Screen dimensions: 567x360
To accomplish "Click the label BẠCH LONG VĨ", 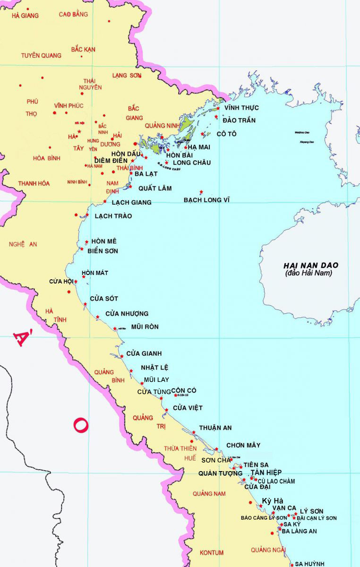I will coord(206,200).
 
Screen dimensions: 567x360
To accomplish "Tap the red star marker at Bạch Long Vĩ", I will coord(202,192).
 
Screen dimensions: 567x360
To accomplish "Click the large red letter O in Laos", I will coord(80,425).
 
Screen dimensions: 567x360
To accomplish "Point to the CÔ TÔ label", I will coord(226,134).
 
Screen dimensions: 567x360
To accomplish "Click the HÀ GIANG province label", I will coord(25,16).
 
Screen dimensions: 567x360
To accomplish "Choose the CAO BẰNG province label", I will coord(73,14).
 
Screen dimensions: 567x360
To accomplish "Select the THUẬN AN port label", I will coord(215,428).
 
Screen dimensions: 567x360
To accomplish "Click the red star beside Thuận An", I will coord(194,432).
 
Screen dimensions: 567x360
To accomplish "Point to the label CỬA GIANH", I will coord(144,353).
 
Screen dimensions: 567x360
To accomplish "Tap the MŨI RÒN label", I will coord(145,326).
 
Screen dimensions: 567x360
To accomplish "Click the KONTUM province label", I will coord(212,552).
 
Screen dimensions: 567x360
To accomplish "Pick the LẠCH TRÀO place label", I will coord(113,216).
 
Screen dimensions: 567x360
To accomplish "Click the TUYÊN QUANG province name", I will coord(41,55).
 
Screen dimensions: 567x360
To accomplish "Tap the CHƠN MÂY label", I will coord(243,445).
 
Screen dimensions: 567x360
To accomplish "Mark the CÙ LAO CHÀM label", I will coord(276,481).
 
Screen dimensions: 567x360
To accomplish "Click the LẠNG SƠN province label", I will coord(127,75).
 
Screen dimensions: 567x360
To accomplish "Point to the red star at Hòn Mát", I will coord(84,276).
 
